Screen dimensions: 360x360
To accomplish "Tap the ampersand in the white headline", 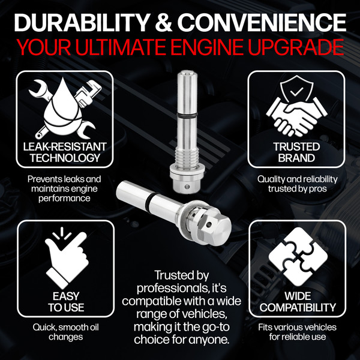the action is (x=163, y=23).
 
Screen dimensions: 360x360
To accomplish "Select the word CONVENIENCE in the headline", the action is (x=262, y=23).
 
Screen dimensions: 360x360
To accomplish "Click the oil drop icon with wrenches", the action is (x=65, y=108).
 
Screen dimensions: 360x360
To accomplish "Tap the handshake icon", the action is (x=296, y=116).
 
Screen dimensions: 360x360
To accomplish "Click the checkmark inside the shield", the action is (x=296, y=92).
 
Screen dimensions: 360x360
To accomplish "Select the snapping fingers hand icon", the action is (x=67, y=257).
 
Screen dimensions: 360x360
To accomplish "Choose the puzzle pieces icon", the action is (x=298, y=257).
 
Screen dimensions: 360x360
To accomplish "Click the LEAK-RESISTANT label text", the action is (x=65, y=147).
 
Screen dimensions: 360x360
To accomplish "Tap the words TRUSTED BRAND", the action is (x=296, y=152).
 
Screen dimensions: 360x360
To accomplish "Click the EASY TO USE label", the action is (x=66, y=302).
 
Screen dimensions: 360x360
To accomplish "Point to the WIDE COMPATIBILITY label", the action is (x=298, y=302).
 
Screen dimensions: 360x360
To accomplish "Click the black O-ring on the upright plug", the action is (x=187, y=115).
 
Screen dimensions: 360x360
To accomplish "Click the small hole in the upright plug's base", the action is (x=187, y=187).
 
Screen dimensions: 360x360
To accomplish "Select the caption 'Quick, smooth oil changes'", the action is (x=65, y=332).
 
